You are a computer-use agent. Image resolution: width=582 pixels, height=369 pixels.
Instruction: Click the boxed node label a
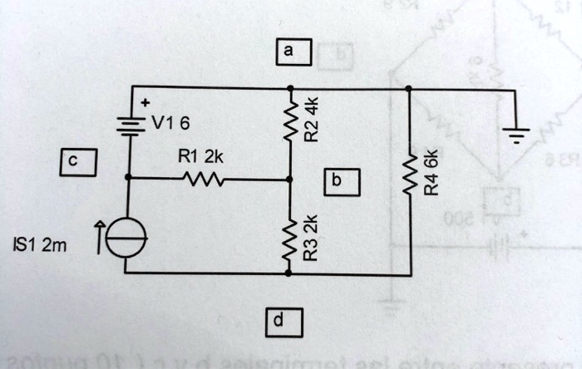pyautogui.click(x=287, y=52)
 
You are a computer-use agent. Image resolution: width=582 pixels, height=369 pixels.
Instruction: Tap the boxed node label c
pyautogui.click(x=75, y=161)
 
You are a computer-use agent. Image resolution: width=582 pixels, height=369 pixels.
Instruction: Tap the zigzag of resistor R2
pyautogui.click(x=290, y=122)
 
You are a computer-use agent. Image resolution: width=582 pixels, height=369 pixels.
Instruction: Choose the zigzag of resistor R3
pyautogui.click(x=290, y=239)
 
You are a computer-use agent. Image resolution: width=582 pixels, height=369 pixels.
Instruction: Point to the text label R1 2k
pyautogui.click(x=200, y=155)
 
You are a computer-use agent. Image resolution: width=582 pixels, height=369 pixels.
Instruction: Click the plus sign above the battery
pyautogui.click(x=145, y=103)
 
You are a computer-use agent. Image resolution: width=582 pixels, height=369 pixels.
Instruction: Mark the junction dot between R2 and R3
pyautogui.click(x=290, y=179)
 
